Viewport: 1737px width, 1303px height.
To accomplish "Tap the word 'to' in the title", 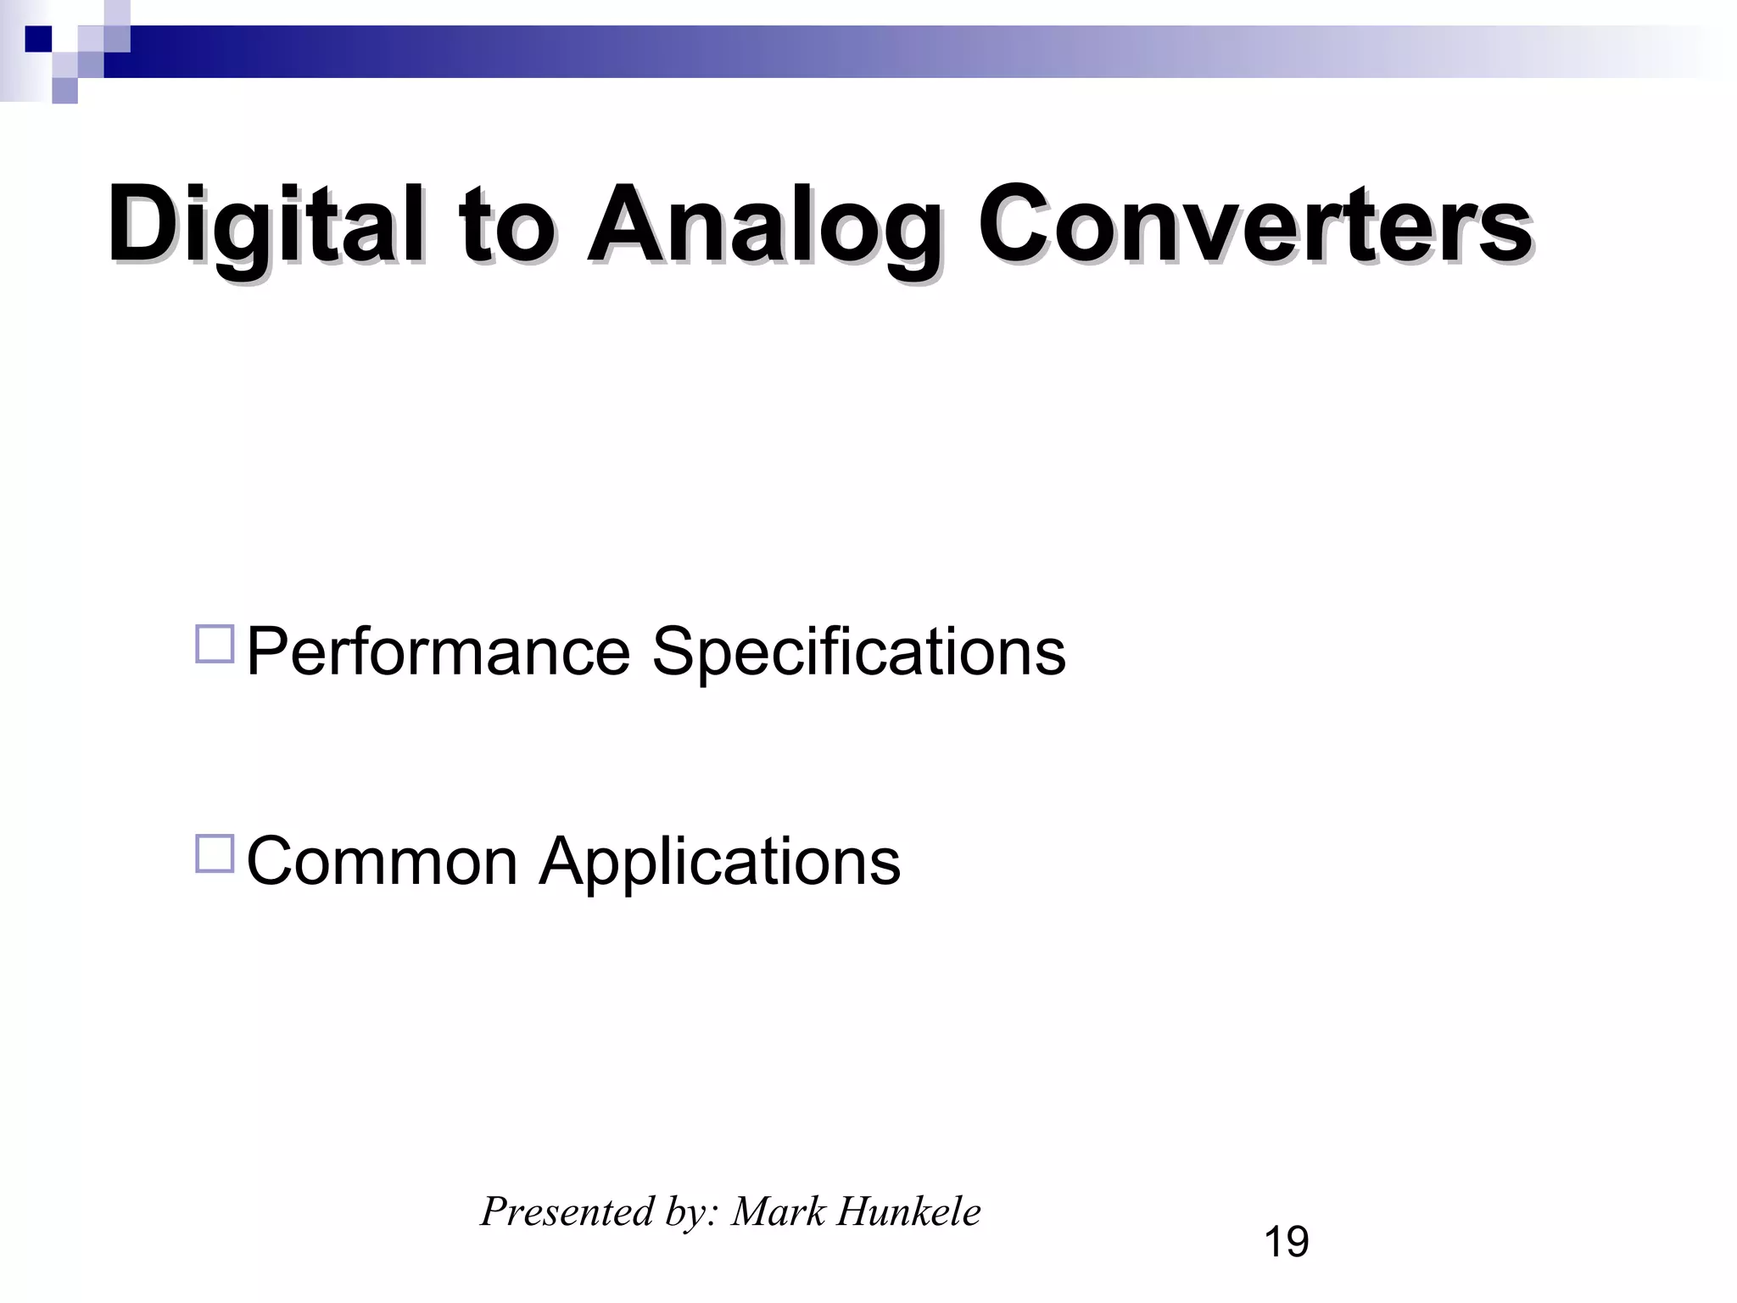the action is [505, 225].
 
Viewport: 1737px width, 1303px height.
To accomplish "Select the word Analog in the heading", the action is [763, 225].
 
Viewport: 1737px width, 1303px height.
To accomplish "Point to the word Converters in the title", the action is [1254, 225].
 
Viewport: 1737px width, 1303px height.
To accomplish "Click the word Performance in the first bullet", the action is [438, 651].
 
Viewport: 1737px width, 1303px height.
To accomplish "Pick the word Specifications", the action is [858, 651].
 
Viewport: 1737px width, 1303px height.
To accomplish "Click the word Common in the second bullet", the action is [382, 861].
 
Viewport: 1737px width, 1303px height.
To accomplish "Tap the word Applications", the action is [719, 861].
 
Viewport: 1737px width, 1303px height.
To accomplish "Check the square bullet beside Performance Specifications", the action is [215, 644].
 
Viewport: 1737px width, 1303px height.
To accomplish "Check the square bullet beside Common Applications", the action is [215, 853].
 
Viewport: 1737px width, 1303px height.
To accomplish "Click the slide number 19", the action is [1286, 1242].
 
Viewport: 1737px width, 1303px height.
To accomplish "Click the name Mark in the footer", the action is [778, 1211].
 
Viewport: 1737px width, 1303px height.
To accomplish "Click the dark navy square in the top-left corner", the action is [38, 39].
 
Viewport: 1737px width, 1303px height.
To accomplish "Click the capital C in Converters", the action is [1013, 225].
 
